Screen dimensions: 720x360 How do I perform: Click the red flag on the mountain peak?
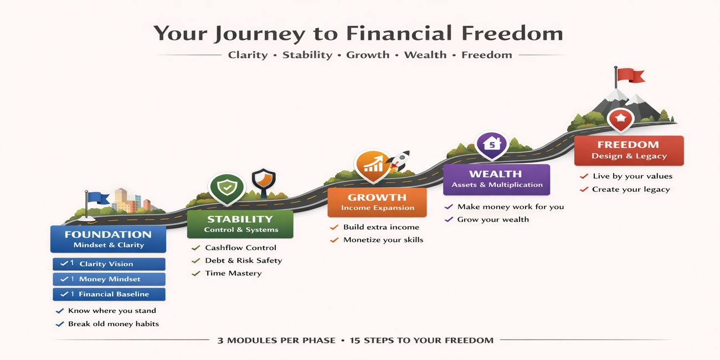(630, 75)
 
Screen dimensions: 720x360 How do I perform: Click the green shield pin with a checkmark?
(227, 188)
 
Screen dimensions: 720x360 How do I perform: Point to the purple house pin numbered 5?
(492, 145)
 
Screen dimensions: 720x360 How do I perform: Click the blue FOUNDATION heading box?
(109, 239)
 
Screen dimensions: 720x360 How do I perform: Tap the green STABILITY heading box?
(240, 224)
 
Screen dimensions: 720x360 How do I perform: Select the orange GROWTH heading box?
(377, 202)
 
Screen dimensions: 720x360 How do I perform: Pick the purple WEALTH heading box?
(497, 179)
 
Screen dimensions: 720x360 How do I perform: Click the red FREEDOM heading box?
(629, 151)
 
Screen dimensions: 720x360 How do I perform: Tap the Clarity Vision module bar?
(109, 264)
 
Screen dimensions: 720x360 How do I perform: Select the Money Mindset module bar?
(109, 279)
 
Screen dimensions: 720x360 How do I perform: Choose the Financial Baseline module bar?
(109, 294)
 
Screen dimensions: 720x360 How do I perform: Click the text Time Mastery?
(233, 273)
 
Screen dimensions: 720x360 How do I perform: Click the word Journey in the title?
(260, 34)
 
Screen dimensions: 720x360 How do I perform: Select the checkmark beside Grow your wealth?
(449, 219)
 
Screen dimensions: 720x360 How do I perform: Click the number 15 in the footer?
(355, 341)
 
